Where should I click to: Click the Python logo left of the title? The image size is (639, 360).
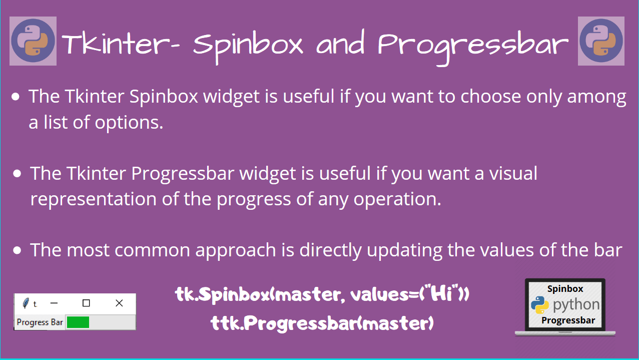(33, 41)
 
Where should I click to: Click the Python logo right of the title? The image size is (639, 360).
(601, 41)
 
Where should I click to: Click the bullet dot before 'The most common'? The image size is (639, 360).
(18, 250)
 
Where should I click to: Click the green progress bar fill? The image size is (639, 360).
(78, 322)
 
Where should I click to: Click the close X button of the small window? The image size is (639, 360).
(119, 303)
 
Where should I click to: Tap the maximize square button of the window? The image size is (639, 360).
(86, 303)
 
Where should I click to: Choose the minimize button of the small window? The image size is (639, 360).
(54, 303)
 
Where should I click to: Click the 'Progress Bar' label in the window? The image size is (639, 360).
(40, 322)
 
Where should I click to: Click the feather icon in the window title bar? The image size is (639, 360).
(26, 303)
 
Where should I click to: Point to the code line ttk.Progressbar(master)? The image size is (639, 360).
(322, 323)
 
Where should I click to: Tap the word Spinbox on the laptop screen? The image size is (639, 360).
(565, 288)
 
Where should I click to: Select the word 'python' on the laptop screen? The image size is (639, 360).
(576, 304)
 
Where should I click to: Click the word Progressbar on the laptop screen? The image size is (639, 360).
(568, 320)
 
